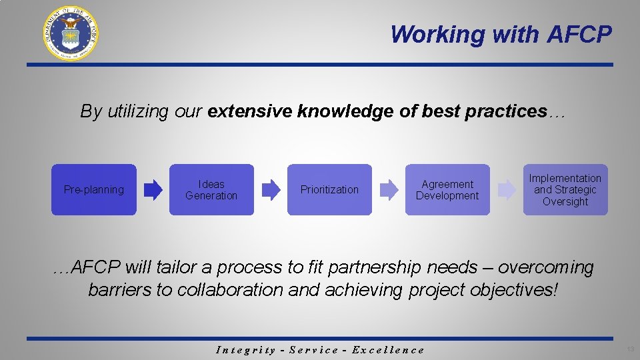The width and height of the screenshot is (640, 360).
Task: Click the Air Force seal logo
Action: pyautogui.click(x=70, y=33)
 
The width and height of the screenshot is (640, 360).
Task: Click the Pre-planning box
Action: pyautogui.click(x=94, y=190)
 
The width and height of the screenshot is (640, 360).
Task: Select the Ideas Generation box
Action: pyautogui.click(x=211, y=190)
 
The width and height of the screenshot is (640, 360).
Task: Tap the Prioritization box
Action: pyautogui.click(x=329, y=190)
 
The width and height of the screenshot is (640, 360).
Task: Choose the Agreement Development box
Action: pyautogui.click(x=447, y=190)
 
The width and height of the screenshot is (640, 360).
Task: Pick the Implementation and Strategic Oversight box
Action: pyautogui.click(x=565, y=190)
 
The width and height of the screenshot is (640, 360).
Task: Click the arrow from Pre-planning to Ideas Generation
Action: pyautogui.click(x=153, y=190)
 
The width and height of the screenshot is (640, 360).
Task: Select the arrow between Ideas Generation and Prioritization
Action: pyautogui.click(x=271, y=190)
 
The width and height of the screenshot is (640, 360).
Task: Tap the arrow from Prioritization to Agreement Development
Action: pyautogui.click(x=389, y=190)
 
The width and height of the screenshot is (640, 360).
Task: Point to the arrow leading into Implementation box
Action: pyautogui.click(x=507, y=190)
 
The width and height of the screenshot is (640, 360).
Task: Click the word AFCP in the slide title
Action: pyautogui.click(x=579, y=34)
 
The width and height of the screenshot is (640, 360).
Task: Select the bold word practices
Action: pyautogui.click(x=513, y=111)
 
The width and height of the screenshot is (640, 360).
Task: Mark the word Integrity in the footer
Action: pyautogui.click(x=246, y=350)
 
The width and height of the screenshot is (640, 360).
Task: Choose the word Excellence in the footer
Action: pyautogui.click(x=388, y=350)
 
